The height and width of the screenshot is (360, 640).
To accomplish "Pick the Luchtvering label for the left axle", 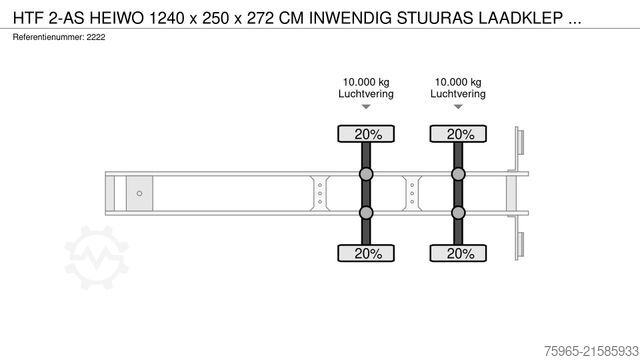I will (366, 94).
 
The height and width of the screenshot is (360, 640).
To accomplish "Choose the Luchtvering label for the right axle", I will (458, 94).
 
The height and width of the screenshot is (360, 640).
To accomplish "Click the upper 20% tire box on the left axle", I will (366, 134).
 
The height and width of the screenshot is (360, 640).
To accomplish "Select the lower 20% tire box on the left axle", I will (366, 253).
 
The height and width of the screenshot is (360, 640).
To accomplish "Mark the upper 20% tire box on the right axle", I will (459, 134).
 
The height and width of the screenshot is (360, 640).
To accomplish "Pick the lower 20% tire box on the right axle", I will (459, 253).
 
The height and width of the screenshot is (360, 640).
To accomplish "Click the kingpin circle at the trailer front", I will (139, 193).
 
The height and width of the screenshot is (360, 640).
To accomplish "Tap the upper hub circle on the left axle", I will (366, 175).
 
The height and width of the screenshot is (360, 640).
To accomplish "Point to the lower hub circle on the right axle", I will (459, 212).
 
